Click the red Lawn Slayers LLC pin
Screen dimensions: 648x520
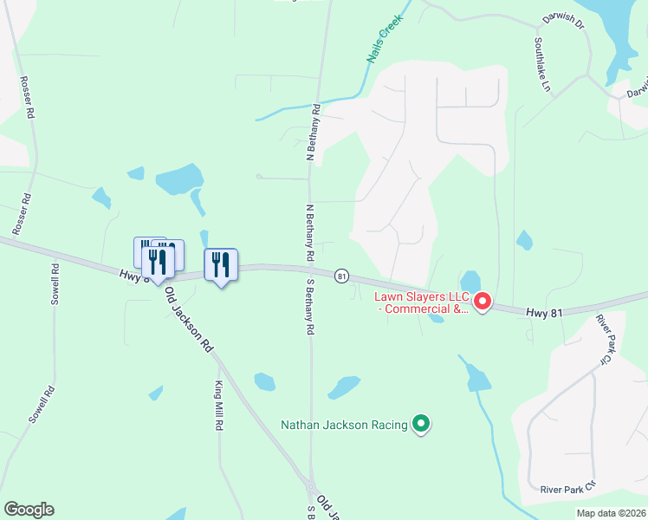click(x=481, y=302)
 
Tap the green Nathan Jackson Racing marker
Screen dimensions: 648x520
click(x=421, y=424)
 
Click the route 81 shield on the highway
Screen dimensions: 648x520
click(x=342, y=276)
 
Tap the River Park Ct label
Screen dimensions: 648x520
click(x=567, y=488)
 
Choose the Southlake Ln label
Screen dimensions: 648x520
click(x=541, y=64)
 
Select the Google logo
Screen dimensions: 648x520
click(x=29, y=510)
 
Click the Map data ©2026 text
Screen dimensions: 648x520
click(x=611, y=513)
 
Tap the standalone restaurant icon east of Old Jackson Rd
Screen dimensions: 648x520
click(x=221, y=264)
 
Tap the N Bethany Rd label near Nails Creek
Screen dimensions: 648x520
click(x=313, y=133)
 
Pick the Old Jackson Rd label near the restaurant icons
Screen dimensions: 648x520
click(x=188, y=318)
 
